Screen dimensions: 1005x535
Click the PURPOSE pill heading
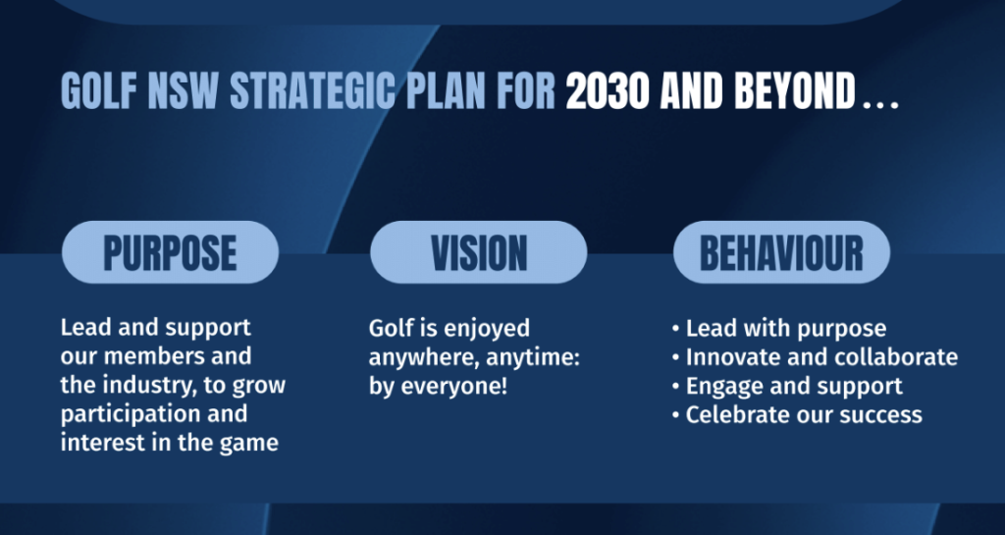170,252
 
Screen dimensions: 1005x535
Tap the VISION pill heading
479,252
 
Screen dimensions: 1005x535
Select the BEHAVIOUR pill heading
781,252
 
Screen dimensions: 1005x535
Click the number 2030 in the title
608,91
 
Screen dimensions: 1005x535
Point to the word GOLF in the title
99,91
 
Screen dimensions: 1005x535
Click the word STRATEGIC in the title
313,91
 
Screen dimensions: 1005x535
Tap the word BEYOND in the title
795,91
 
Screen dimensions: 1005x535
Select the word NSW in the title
184,91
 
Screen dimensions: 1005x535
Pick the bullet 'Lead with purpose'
778,329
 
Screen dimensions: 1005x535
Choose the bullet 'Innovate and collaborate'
815,357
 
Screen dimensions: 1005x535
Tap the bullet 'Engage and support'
787,387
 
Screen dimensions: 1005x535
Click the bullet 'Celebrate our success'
797,414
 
